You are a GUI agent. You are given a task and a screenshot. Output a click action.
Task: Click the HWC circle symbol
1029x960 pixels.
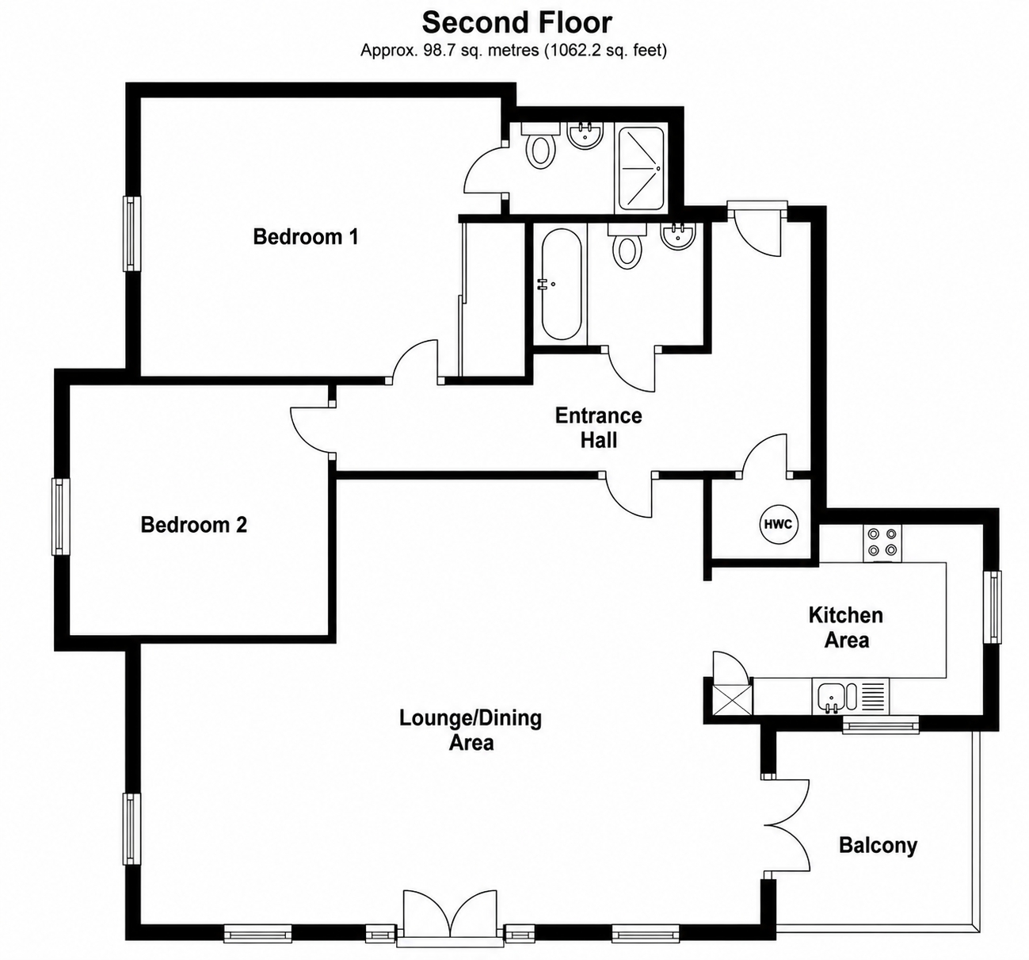(778, 524)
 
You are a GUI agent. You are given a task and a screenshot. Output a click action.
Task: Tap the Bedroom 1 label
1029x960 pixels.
(306, 236)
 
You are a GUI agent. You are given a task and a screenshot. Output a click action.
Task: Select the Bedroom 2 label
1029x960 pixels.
(194, 524)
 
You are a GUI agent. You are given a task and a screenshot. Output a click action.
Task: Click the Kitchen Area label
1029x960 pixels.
(846, 628)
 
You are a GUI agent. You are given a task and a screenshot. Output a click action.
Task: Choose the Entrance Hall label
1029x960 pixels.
(598, 428)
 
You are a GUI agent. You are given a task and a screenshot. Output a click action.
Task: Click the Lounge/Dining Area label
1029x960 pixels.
(471, 730)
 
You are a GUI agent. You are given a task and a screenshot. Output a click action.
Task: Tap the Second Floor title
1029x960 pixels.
(517, 23)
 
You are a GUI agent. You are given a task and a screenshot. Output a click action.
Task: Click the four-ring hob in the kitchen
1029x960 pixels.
(882, 542)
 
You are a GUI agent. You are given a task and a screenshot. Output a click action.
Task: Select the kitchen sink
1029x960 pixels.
(850, 696)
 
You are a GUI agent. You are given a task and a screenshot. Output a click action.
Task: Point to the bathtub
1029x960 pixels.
(561, 285)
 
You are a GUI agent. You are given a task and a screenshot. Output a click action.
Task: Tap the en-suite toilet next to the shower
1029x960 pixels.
(540, 146)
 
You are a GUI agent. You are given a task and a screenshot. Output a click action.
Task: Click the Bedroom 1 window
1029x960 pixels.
(131, 233)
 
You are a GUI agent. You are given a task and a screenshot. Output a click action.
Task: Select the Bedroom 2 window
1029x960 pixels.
(61, 517)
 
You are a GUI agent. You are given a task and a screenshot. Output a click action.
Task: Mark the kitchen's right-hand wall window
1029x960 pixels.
(993, 606)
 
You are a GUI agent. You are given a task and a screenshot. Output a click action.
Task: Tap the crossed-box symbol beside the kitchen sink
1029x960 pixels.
(732, 700)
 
